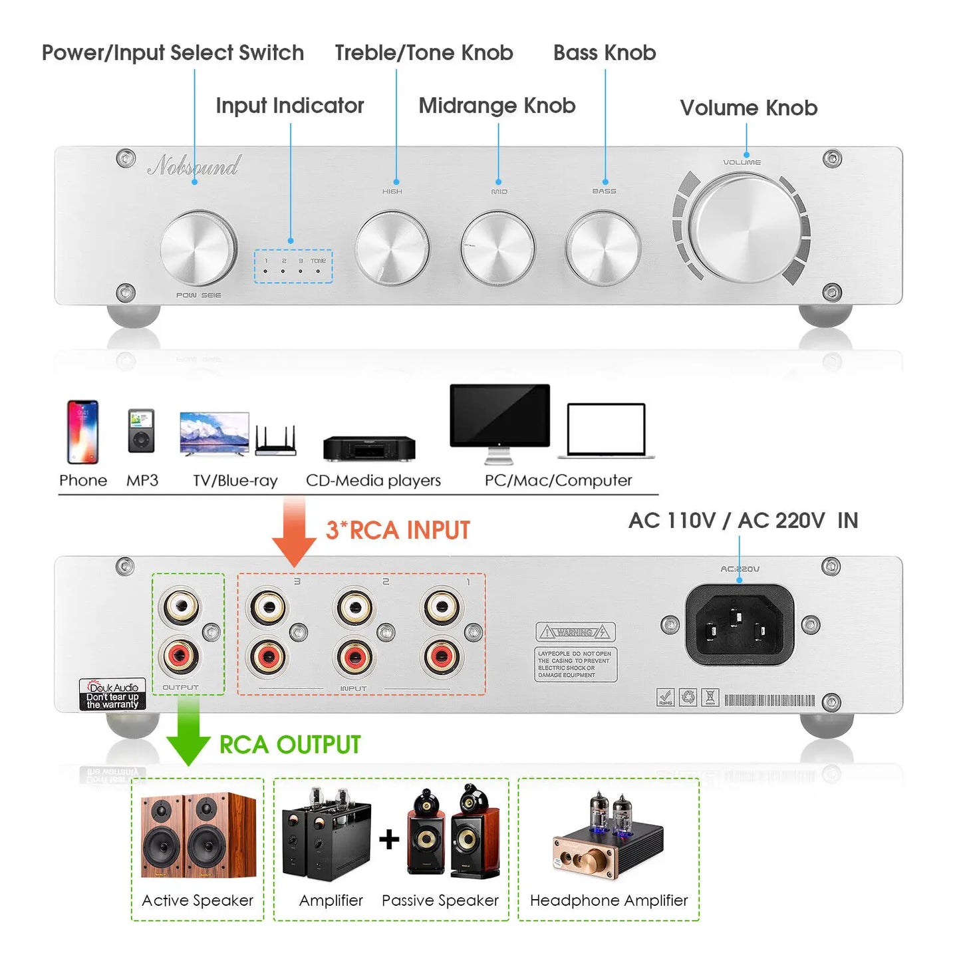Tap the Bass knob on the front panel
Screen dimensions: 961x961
click(603, 248)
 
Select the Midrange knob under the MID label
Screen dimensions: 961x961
click(497, 248)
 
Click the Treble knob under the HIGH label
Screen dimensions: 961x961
click(392, 248)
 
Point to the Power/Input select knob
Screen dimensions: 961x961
click(198, 248)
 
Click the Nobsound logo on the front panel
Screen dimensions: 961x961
click(194, 165)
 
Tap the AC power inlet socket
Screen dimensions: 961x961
click(740, 624)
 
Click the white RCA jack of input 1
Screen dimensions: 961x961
click(441, 607)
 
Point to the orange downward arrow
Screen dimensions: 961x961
click(294, 532)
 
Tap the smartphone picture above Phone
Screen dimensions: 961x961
click(82, 432)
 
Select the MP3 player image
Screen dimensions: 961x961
click(141, 431)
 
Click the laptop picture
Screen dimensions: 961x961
click(606, 431)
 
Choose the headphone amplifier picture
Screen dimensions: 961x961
click(608, 838)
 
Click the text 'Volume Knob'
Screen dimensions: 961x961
click(748, 108)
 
